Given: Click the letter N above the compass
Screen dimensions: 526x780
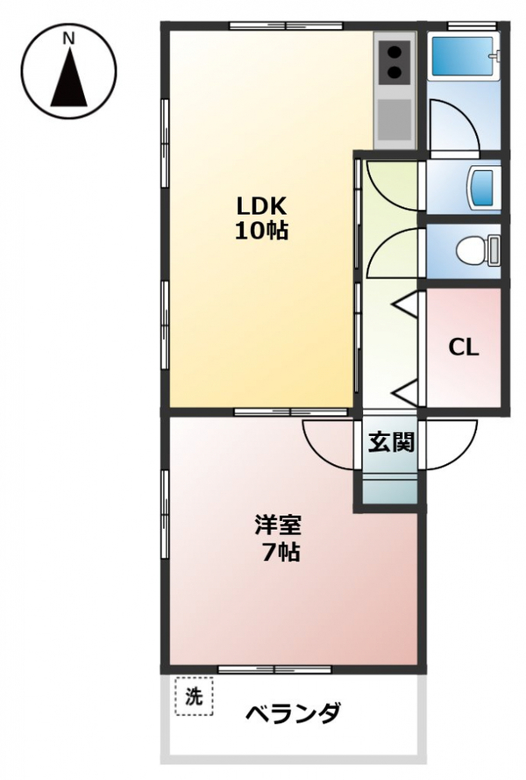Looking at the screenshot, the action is click(69, 39).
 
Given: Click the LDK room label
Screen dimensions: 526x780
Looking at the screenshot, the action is click(261, 205).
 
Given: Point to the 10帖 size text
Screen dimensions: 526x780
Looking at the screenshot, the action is click(261, 231).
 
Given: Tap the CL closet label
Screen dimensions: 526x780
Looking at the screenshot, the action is click(464, 347).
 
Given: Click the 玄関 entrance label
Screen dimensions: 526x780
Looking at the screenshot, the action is click(391, 441).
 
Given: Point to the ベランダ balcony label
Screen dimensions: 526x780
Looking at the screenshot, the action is click(294, 714).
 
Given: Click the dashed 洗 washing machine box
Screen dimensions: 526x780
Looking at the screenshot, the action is click(194, 697).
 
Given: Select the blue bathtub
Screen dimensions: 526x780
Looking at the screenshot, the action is click(465, 56).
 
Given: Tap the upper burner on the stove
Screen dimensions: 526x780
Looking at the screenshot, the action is click(394, 53).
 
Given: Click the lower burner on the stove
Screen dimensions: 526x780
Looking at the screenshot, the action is click(394, 73).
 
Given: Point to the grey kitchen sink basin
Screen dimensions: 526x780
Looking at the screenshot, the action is click(394, 119).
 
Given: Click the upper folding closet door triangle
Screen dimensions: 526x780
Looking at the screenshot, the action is click(406, 304).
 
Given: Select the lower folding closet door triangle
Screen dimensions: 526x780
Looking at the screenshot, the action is click(406, 393).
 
